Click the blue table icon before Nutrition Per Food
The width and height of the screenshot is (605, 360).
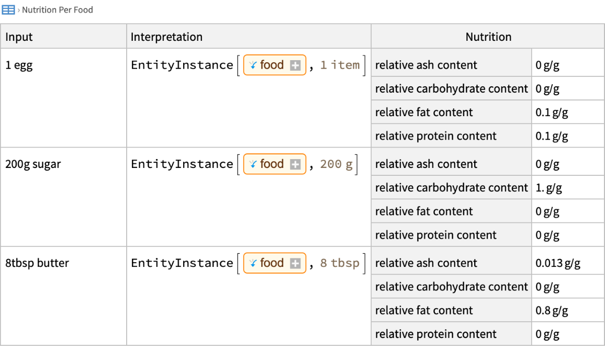coord(8,9)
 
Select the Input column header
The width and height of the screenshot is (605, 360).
coord(19,37)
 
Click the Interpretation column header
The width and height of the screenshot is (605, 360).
coord(166,37)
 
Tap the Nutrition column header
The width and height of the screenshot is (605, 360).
coord(488,37)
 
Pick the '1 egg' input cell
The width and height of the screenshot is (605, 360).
coord(19,65)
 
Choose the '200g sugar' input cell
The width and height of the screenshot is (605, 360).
coord(33,164)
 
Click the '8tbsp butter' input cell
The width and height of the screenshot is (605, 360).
coord(37,263)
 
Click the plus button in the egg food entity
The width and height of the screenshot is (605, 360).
coord(295,65)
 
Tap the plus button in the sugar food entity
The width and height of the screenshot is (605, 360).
coord(295,164)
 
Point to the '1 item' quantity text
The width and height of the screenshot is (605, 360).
coord(340,65)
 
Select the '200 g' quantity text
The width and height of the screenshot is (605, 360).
coord(336,164)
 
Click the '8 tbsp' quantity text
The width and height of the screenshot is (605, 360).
coord(340,263)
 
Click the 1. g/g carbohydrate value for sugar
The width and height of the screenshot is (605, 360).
coord(548,188)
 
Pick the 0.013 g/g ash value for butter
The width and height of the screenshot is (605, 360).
coord(558,263)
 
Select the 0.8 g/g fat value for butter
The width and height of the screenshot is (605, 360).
coord(552,311)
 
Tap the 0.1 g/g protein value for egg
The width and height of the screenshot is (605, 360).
coord(552,136)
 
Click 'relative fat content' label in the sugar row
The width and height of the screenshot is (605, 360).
coord(423,211)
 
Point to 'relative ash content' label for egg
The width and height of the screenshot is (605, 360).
coord(426,65)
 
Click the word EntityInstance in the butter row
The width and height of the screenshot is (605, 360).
coord(182,263)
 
